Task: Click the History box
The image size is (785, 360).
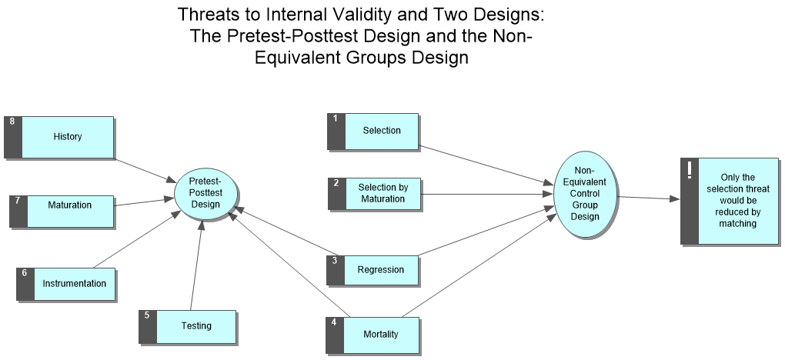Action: click(68, 137)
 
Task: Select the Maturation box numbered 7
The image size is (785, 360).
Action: click(69, 205)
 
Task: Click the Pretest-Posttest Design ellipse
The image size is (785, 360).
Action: click(205, 193)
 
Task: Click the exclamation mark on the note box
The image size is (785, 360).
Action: click(690, 170)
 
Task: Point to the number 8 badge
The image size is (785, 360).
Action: click(11, 122)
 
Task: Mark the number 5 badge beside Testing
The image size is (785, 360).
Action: click(146, 315)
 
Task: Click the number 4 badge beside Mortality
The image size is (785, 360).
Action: click(334, 322)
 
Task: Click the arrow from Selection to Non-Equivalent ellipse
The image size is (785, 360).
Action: click(485, 165)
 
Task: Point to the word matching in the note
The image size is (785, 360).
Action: click(737, 224)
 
